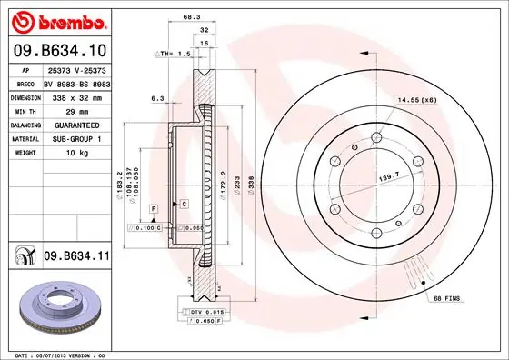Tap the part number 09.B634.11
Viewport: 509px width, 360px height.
pos(77,257)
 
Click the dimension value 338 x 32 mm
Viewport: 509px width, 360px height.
pos(76,95)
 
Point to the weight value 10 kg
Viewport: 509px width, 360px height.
pos(64,154)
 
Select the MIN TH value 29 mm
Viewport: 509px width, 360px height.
pos(63,110)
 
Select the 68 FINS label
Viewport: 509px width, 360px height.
pos(448,298)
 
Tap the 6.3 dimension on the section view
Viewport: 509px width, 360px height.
pos(156,97)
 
